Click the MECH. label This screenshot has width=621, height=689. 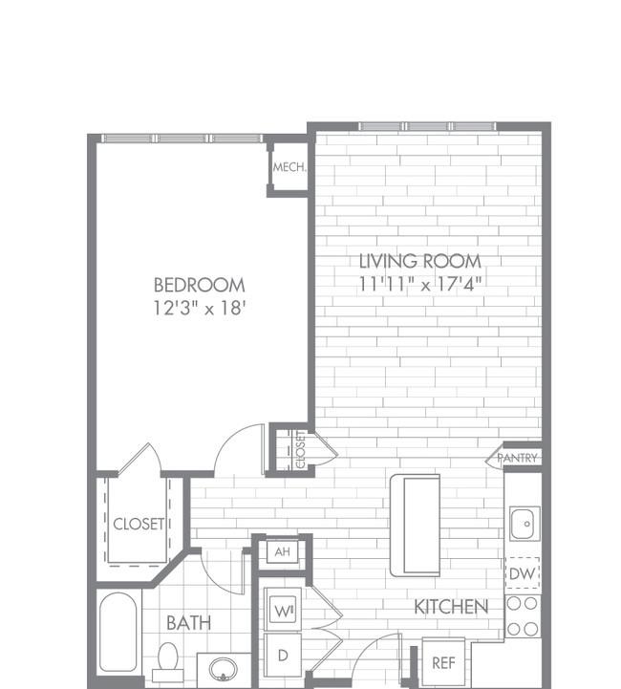pos(289,167)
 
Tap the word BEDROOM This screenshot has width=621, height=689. pos(200,285)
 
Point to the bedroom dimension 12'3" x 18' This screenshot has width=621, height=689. pos(199,308)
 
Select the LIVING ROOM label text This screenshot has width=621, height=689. pos(420,262)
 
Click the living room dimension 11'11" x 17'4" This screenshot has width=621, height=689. pos(420,284)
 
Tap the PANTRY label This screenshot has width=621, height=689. pos(517,458)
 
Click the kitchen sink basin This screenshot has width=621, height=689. pos(525,524)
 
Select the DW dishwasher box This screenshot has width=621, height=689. pos(523,573)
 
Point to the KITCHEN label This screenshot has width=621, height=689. pos(451,607)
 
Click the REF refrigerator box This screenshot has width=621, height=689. pos(443,662)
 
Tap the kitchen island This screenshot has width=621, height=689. pos(415,525)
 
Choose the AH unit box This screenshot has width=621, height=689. pos(282,551)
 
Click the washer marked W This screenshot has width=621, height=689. pos(283,611)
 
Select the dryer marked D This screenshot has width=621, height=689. pos(283,656)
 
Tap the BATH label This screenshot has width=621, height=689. pos(189,623)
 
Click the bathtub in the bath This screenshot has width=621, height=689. pos(118,632)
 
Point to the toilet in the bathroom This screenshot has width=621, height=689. pos(168,662)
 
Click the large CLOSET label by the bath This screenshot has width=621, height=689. pos(139,524)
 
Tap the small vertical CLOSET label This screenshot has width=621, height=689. pos(300,449)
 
